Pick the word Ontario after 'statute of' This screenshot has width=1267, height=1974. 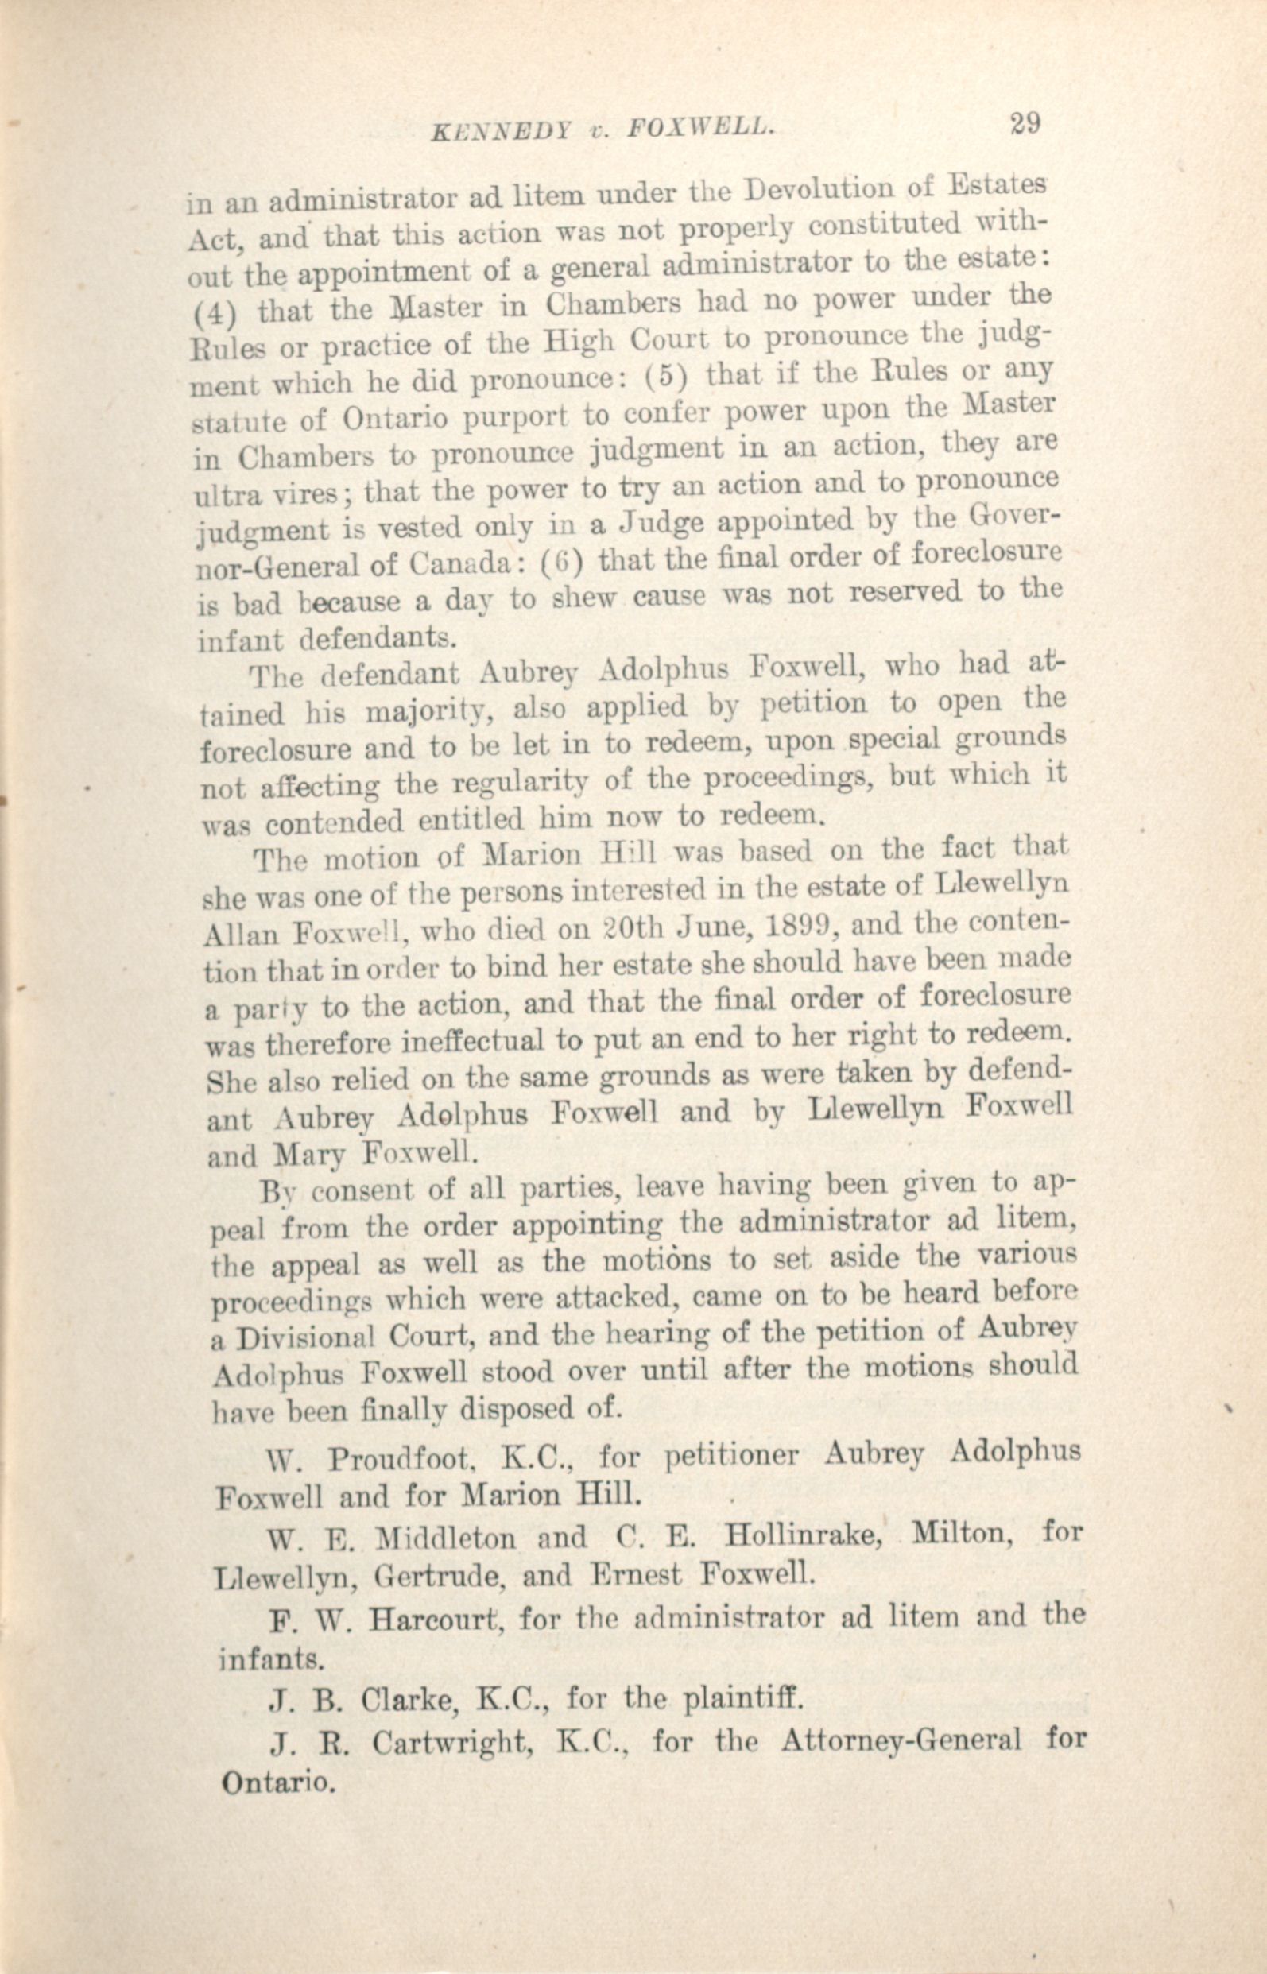(x=395, y=419)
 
